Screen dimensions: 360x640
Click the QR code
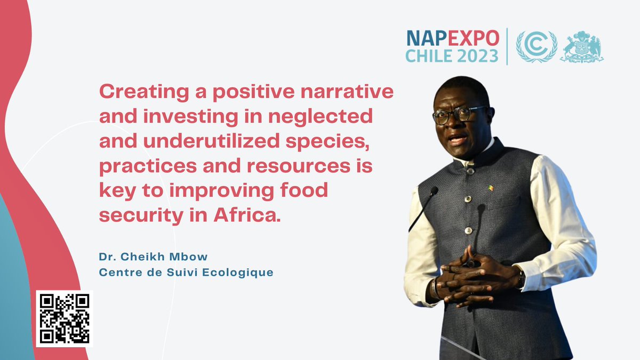[65, 318]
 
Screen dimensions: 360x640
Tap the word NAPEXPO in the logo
[453, 38]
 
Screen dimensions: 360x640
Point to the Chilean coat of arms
[581, 47]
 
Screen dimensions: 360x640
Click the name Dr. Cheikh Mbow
[153, 257]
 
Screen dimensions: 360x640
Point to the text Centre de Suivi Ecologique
[186, 273]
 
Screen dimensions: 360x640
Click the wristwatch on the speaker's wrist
[520, 277]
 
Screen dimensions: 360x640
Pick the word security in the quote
[135, 215]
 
